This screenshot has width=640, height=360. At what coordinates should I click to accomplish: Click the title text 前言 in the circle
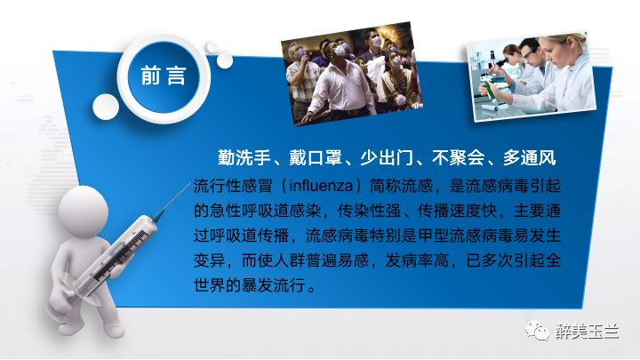pyautogui.click(x=164, y=76)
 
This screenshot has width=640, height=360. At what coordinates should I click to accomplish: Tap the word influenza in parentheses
pyautogui.click(x=321, y=186)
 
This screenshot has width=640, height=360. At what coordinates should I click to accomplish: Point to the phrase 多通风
pyautogui.click(x=530, y=157)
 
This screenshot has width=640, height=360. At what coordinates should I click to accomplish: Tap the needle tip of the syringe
pyautogui.click(x=191, y=183)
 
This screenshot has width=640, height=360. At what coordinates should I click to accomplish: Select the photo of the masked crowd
pyautogui.click(x=352, y=73)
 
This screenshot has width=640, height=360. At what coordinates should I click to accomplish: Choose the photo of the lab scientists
pyautogui.click(x=532, y=76)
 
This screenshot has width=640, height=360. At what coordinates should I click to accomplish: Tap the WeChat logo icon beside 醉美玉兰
pyautogui.click(x=537, y=330)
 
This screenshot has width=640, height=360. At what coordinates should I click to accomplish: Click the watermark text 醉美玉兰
pyautogui.click(x=588, y=331)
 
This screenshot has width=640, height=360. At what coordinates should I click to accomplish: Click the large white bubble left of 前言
pyautogui.click(x=106, y=107)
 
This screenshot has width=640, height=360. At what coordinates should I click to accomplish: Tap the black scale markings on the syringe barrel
pyautogui.click(x=120, y=255)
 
